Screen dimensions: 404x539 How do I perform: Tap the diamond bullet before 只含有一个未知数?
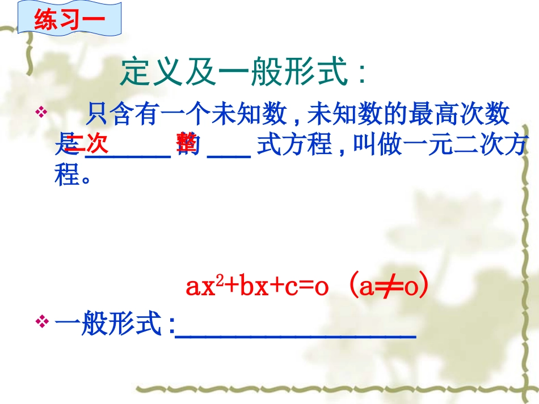[41, 112]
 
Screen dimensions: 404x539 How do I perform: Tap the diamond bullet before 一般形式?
[41, 322]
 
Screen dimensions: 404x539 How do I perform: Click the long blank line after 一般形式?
[296, 335]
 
